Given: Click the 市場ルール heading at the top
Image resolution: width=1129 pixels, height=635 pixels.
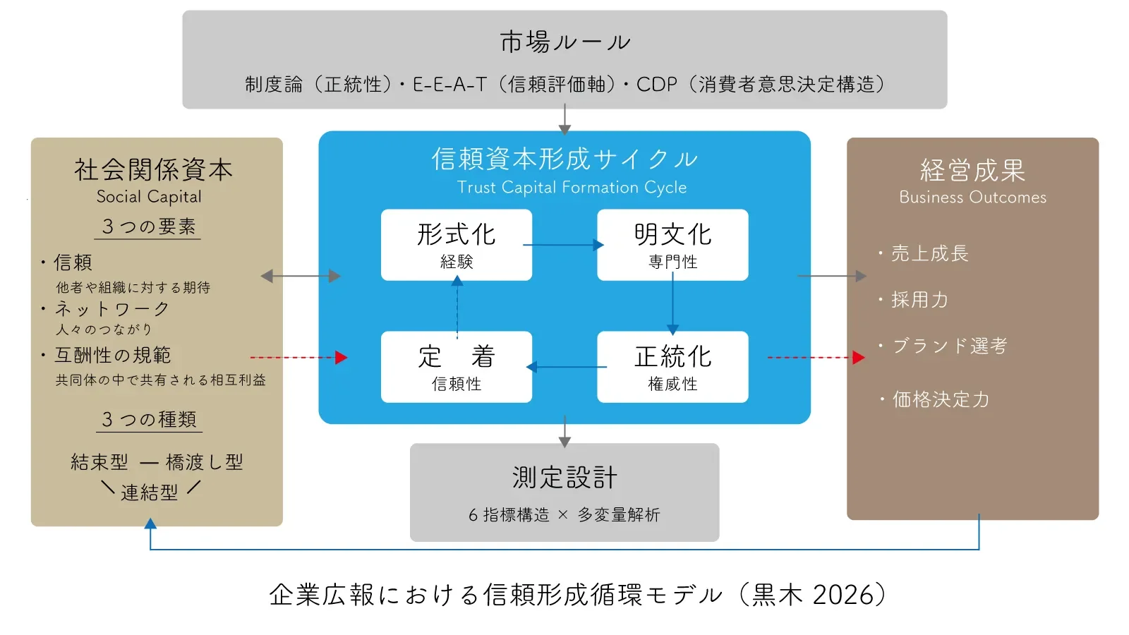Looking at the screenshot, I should point(564,42).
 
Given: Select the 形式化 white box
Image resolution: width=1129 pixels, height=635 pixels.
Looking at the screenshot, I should point(457,244).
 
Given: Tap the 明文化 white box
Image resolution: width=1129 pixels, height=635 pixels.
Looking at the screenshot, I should point(672,244).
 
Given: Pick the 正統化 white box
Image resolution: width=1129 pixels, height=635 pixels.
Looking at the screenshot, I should point(672,366).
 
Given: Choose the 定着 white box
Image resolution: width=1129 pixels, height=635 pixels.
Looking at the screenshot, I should point(457,366).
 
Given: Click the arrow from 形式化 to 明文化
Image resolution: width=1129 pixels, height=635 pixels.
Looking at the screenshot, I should point(563,245).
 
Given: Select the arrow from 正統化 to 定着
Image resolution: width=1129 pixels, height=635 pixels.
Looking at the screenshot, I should point(566,367).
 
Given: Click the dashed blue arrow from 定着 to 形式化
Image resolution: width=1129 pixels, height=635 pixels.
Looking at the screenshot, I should point(457,308).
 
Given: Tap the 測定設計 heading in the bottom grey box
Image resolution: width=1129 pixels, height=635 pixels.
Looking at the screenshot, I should point(564,478).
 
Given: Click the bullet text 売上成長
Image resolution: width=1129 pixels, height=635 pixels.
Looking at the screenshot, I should point(929,253).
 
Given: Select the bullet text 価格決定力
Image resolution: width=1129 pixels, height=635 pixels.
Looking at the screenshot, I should point(941,399).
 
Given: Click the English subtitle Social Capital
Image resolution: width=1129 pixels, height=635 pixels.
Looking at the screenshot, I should point(149,197).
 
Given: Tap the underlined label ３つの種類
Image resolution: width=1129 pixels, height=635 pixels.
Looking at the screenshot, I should point(149,420).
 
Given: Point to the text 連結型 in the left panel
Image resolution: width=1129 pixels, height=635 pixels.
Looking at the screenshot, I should point(149,492).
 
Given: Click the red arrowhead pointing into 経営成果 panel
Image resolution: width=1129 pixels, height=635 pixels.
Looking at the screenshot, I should point(858,358).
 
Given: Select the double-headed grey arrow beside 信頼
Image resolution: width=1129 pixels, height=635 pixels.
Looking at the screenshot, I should point(301,276).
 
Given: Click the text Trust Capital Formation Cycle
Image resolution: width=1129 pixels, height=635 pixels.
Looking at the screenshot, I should point(572,188).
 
